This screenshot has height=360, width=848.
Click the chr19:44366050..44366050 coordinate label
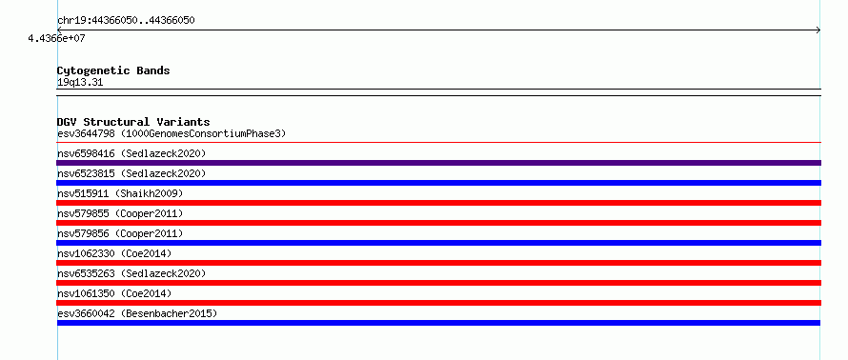[126, 21]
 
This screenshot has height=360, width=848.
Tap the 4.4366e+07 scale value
[57, 38]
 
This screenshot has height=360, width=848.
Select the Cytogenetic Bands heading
[113, 70]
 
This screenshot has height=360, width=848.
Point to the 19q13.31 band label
[80, 83]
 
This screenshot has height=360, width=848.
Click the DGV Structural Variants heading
[133, 122]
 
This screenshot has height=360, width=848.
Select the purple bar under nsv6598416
[438, 163]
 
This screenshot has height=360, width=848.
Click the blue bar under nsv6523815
[438, 183]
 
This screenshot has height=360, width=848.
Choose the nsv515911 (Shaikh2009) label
[120, 193]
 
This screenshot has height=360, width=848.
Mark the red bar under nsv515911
[438, 203]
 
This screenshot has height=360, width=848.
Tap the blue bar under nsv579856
[438, 243]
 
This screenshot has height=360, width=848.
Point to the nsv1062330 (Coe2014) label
[114, 253]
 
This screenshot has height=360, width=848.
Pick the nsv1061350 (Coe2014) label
[114, 293]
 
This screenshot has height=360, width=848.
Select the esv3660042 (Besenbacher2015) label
[137, 313]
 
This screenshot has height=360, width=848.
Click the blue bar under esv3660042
[438, 323]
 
